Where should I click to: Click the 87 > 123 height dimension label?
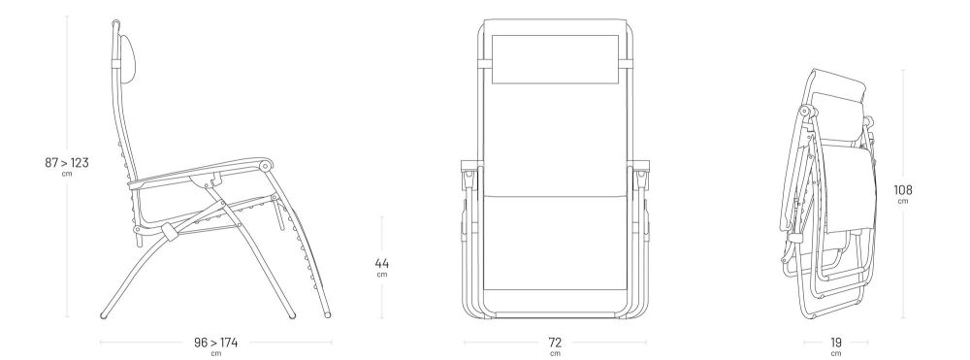(x=67, y=163)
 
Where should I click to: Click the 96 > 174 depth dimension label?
(x=215, y=343)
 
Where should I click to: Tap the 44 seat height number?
(x=381, y=264)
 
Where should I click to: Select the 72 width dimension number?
(x=555, y=343)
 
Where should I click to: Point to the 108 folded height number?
(x=902, y=190)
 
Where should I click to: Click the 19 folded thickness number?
(x=836, y=343)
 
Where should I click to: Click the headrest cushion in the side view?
(x=126, y=59)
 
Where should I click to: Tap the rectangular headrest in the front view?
(x=555, y=59)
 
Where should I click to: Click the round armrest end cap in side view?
(x=266, y=165)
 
